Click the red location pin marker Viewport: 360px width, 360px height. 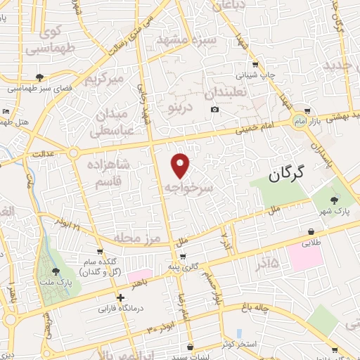[x=181, y=165]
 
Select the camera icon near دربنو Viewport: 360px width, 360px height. [x=215, y=109]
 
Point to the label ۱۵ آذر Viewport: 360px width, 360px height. [x=264, y=263]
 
